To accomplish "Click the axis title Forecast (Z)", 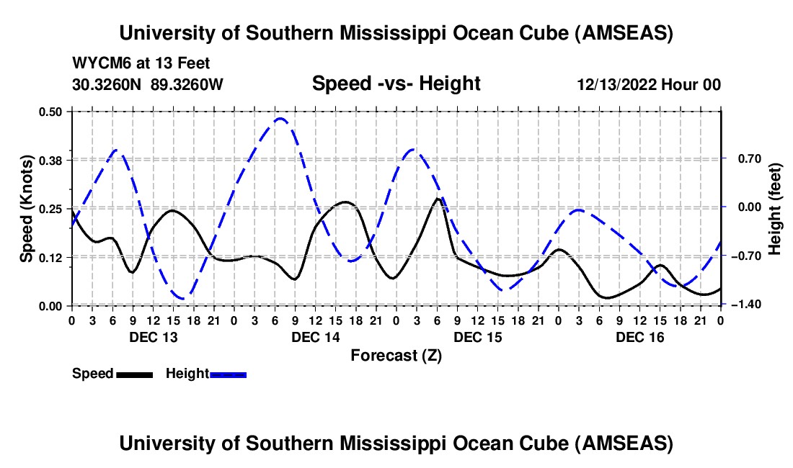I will (x=396, y=356).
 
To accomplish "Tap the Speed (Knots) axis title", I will (x=27, y=208).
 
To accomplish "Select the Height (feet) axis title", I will (x=775, y=208).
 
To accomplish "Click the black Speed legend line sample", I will (x=134, y=374).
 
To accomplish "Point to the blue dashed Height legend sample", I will (x=229, y=374).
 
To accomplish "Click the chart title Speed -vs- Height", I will (x=396, y=84).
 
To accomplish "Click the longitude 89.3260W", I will (x=187, y=84).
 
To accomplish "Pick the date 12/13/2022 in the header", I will (x=616, y=85).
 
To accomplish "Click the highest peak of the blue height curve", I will (x=280, y=119).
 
